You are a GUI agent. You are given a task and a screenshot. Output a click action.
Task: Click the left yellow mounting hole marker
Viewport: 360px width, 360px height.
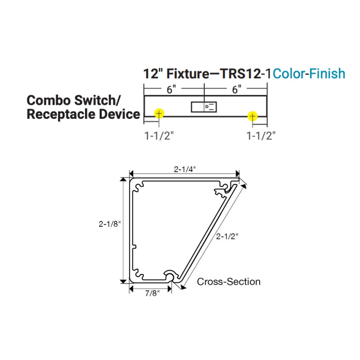coord(159,113)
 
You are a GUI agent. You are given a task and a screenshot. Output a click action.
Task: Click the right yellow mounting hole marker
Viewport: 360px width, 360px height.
coord(252,116)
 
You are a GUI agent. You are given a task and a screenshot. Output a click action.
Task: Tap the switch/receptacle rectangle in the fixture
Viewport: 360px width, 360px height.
coord(204,107)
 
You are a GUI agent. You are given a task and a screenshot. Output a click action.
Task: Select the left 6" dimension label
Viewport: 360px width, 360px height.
coord(172,88)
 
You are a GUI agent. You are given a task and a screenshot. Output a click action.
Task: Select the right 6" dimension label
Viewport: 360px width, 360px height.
coord(236,88)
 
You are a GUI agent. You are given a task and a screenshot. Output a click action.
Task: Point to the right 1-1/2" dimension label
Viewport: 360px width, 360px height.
coord(261,135)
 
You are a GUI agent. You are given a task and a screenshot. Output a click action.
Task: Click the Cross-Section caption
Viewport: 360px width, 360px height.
coord(229,281)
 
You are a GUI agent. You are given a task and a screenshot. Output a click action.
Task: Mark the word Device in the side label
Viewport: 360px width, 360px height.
coord(119,114)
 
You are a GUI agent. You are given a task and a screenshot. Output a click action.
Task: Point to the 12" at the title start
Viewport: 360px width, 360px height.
coord(152,74)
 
